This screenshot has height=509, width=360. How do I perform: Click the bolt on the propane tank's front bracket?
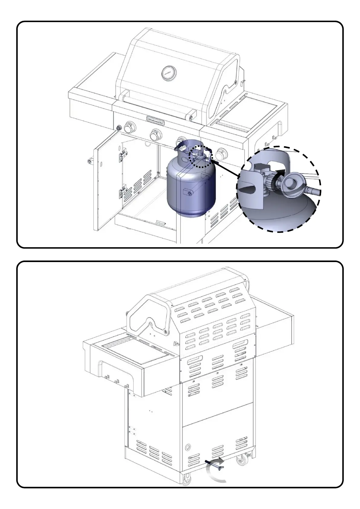click(x=189, y=193)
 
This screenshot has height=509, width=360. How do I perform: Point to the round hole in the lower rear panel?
click(x=188, y=447)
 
